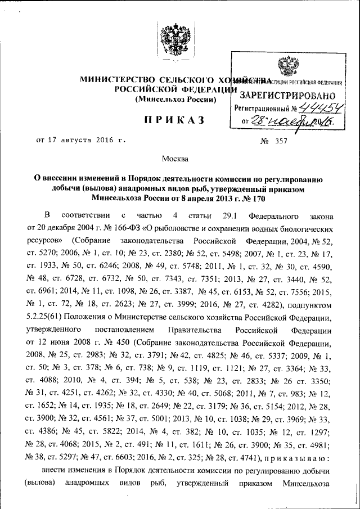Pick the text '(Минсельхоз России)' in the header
174,100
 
